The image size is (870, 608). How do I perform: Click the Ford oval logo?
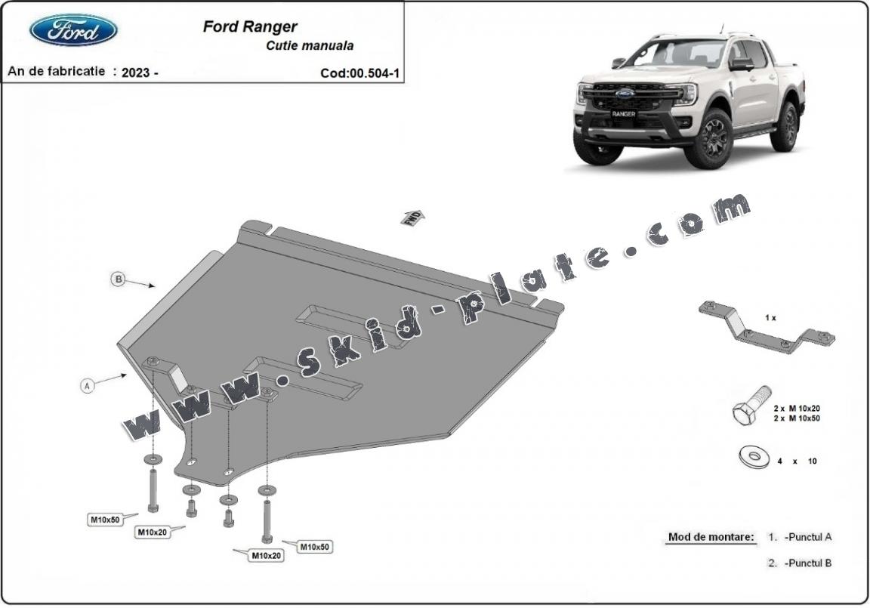click(73, 30)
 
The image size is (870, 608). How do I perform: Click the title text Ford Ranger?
click(250, 26)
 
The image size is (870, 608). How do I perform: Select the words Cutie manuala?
click(310, 45)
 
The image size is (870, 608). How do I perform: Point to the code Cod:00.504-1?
click(359, 73)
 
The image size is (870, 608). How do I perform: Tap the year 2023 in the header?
click(136, 73)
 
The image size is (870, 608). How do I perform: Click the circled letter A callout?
click(88, 386)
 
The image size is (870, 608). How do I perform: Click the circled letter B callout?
click(118, 279)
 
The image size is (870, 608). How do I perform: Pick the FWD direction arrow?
click(412, 217)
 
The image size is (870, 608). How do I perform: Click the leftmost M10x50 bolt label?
click(105, 519)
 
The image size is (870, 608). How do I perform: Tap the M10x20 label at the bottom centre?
click(267, 556)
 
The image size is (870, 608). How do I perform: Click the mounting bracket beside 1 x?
click(766, 329)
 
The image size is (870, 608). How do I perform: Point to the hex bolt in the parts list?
click(751, 406)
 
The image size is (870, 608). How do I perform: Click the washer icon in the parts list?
click(752, 455)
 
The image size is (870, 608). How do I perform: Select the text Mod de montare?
click(711, 537)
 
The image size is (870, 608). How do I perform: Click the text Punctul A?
click(807, 537)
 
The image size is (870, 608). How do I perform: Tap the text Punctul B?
click(807, 563)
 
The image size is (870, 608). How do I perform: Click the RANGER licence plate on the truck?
click(624, 113)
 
